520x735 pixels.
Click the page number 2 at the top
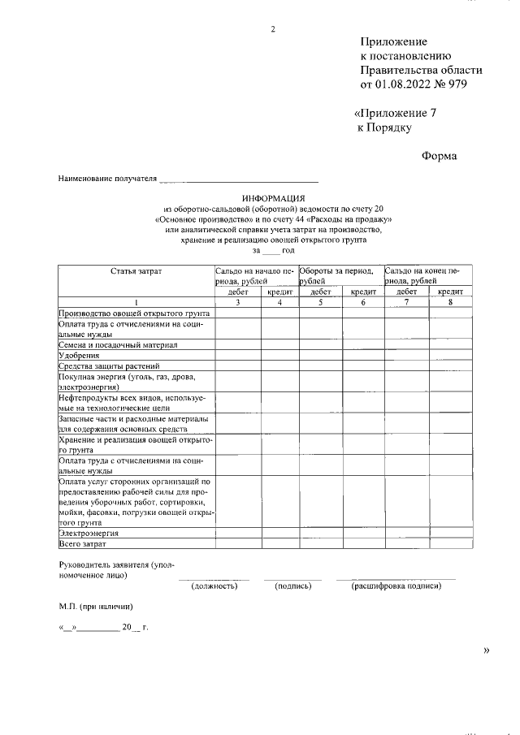tap(273, 30)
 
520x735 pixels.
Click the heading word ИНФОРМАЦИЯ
tap(273, 198)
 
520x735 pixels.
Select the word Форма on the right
tap(439, 157)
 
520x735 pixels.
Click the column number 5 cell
tap(320, 303)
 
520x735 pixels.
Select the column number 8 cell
tap(450, 303)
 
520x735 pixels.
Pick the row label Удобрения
tap(79, 355)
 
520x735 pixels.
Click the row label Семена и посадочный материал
tap(112, 344)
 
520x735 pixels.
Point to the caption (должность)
tap(214, 586)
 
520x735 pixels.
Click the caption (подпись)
tap(292, 586)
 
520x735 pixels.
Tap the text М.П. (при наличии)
tap(95, 606)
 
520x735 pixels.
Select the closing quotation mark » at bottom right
tap(487, 650)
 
